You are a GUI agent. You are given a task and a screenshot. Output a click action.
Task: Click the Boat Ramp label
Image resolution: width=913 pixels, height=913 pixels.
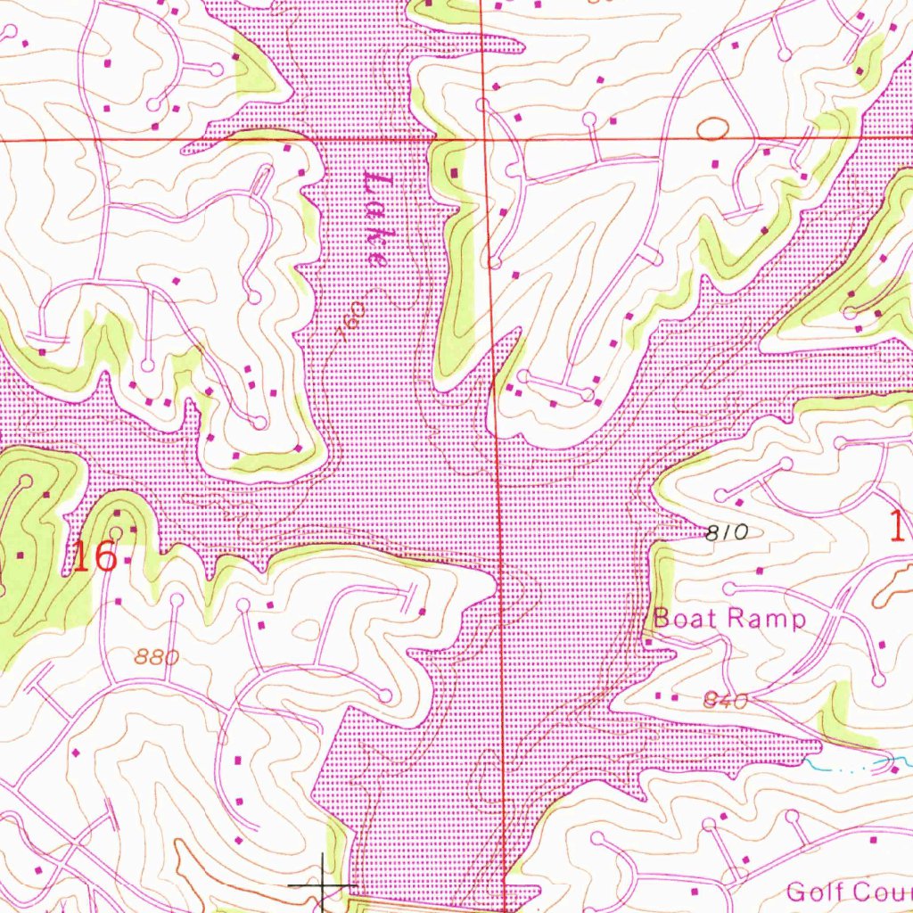(729, 618)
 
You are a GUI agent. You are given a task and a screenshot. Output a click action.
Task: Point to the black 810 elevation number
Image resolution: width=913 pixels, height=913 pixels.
(725, 533)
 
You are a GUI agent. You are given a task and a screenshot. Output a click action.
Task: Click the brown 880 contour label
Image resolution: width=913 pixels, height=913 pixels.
(159, 658)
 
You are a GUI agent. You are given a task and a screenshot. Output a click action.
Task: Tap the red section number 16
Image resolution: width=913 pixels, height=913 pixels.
(95, 557)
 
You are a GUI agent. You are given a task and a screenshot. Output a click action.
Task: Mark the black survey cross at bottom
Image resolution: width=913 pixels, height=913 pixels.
(322, 885)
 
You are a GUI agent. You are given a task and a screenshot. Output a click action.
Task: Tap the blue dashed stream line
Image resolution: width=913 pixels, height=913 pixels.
(847, 765)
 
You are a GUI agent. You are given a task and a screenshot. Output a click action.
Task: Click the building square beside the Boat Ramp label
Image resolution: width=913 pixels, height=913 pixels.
(648, 642)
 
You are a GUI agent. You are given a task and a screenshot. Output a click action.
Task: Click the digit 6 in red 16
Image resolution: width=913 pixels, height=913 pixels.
(105, 557)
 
